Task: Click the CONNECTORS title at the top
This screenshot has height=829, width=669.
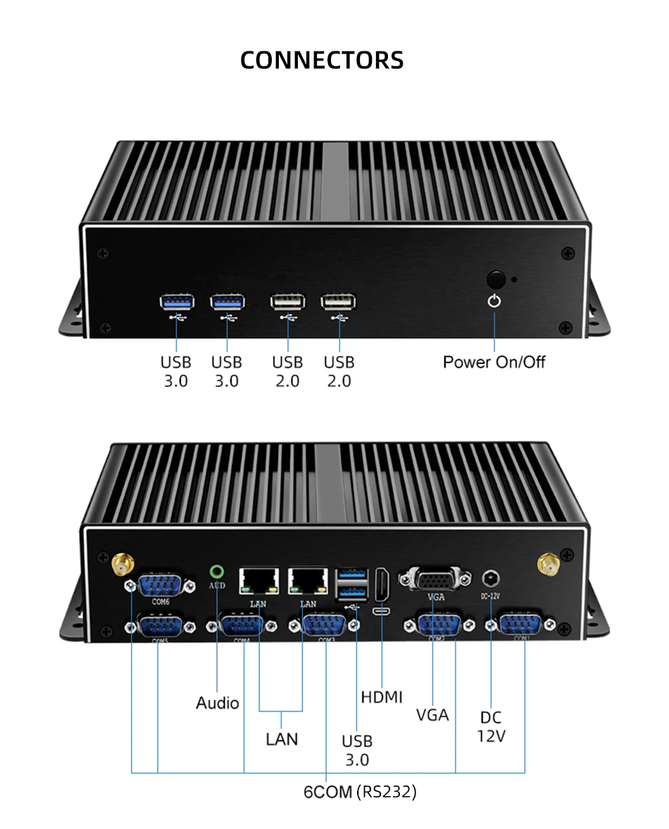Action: click(322, 60)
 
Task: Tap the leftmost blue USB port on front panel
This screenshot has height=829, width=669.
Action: click(175, 302)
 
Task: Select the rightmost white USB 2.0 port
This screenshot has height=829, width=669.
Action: click(338, 302)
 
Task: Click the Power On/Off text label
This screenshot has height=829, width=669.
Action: click(494, 362)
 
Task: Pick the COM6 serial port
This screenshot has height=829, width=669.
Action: click(161, 585)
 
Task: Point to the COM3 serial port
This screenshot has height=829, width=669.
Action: click(325, 626)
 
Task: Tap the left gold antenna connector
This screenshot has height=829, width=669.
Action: click(123, 563)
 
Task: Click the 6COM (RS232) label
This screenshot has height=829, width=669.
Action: click(360, 792)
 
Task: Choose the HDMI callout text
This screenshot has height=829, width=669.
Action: click(382, 697)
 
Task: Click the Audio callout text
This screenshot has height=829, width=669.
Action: click(218, 703)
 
